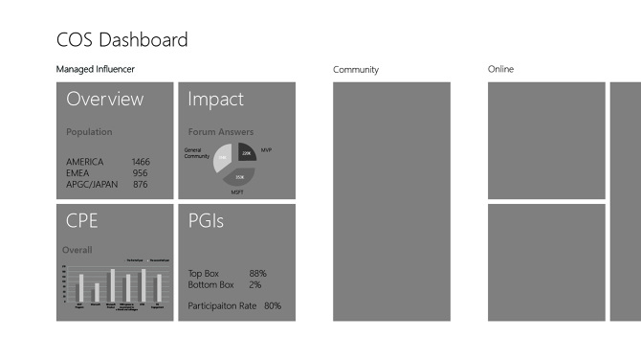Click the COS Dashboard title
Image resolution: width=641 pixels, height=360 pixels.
[x=122, y=40]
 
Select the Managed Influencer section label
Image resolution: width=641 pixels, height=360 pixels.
[x=96, y=69]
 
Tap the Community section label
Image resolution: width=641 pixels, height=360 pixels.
[x=356, y=70]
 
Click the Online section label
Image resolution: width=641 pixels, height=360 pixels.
[x=500, y=69]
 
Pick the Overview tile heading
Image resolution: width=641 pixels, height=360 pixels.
[x=105, y=99]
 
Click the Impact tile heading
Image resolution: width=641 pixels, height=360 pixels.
[x=215, y=99]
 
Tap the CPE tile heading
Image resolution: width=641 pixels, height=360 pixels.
[x=82, y=221]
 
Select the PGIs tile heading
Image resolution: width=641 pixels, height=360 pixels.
[x=206, y=221]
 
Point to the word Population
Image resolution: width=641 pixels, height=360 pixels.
[x=89, y=132]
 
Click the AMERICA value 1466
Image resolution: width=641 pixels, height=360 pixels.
[x=142, y=162]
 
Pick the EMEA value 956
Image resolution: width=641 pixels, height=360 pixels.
[x=140, y=173]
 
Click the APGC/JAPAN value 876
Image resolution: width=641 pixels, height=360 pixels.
[x=140, y=185]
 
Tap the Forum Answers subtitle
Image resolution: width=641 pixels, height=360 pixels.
[x=221, y=132]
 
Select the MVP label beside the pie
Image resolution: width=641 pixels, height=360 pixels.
[x=267, y=150]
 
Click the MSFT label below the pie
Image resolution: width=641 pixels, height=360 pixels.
[x=237, y=192]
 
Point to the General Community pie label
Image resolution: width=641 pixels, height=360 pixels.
[x=198, y=153]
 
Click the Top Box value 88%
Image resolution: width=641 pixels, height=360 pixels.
[x=257, y=274]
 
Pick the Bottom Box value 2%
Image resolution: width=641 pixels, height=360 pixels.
[x=254, y=285]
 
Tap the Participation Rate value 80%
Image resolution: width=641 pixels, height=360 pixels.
[x=273, y=306]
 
